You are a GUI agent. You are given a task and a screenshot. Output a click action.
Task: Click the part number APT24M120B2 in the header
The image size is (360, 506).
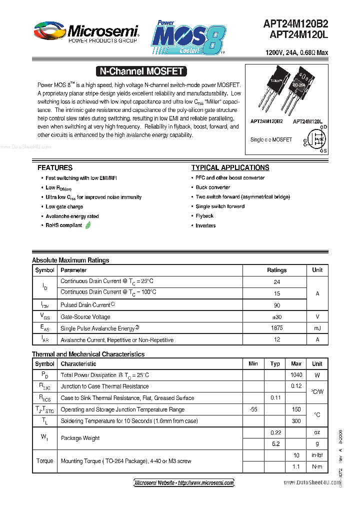pyautogui.click(x=296, y=23)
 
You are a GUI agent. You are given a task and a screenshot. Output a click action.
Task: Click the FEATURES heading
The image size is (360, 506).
pyautogui.click(x=55, y=167)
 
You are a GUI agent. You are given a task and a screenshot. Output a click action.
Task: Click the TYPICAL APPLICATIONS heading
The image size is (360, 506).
pyautogui.click(x=230, y=167)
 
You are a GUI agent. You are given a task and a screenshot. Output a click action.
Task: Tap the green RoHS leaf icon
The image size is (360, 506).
pyautogui.click(x=88, y=225)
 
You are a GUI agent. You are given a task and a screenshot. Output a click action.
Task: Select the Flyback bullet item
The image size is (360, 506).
pyautogui.click(x=204, y=216)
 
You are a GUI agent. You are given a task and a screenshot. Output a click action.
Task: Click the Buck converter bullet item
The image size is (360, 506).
pyautogui.click(x=213, y=187)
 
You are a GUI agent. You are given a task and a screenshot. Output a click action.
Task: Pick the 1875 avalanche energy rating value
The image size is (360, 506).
pyautogui.click(x=276, y=328)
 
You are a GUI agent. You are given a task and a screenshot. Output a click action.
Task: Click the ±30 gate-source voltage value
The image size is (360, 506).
pyautogui.click(x=276, y=316)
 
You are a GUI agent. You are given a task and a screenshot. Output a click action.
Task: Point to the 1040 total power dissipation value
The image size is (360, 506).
pyautogui.click(x=296, y=375)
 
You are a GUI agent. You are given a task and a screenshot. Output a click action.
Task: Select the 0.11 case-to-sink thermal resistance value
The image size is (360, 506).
pyautogui.click(x=275, y=397)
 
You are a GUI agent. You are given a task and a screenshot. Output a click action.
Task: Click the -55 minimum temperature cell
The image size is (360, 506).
pyautogui.click(x=253, y=409)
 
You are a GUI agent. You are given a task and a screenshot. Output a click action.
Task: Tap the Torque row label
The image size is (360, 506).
pyautogui.click(x=44, y=460)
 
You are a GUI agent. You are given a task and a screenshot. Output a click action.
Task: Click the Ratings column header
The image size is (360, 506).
pyautogui.click(x=276, y=270)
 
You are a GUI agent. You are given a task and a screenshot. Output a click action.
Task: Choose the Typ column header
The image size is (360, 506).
pyautogui.click(x=275, y=364)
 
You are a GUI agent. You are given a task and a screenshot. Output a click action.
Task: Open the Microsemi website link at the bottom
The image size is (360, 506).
pyautogui.click(x=184, y=482)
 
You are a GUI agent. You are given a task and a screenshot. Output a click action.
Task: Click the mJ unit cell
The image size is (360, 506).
pyautogui.click(x=317, y=328)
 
